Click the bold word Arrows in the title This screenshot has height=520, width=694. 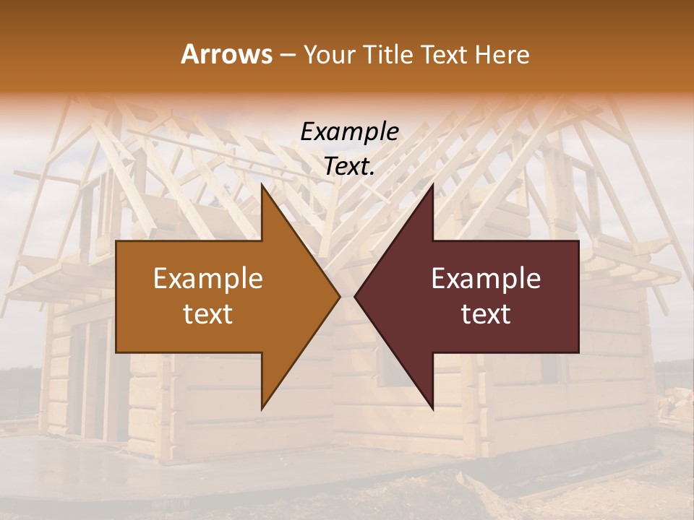tap(226, 54)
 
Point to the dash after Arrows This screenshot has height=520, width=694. tap(287, 55)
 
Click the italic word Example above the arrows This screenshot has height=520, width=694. tap(349, 131)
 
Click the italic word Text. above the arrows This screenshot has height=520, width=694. tap(349, 167)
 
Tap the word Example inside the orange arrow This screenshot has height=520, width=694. tap(208, 278)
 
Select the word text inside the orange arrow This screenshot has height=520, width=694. tap(208, 314)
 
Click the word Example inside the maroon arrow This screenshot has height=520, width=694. tap(486, 278)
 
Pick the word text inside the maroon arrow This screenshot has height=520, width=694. tap(486, 314)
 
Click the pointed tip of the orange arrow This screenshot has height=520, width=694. tap(339, 296)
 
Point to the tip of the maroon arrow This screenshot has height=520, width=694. tap(355, 296)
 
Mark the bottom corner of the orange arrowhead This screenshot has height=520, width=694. tap(262, 408)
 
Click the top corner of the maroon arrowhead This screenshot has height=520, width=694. tap(432, 185)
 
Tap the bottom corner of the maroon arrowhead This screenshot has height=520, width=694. tap(432, 408)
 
